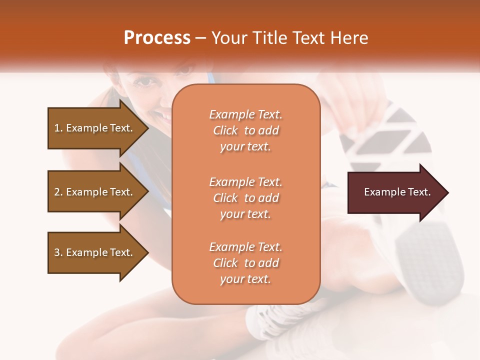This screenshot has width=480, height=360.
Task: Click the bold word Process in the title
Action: pyautogui.click(x=157, y=38)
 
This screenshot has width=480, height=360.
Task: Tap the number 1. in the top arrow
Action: pyautogui.click(x=58, y=128)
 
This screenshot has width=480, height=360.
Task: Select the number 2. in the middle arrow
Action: pyautogui.click(x=58, y=192)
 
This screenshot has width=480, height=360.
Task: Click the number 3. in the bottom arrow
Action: pyautogui.click(x=58, y=252)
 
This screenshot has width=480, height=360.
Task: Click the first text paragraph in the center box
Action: pyautogui.click(x=245, y=130)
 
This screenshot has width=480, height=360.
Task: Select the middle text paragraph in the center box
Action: pyautogui.click(x=245, y=198)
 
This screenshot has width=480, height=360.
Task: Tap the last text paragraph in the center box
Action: pyautogui.click(x=245, y=263)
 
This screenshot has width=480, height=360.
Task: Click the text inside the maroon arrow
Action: pyautogui.click(x=397, y=192)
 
